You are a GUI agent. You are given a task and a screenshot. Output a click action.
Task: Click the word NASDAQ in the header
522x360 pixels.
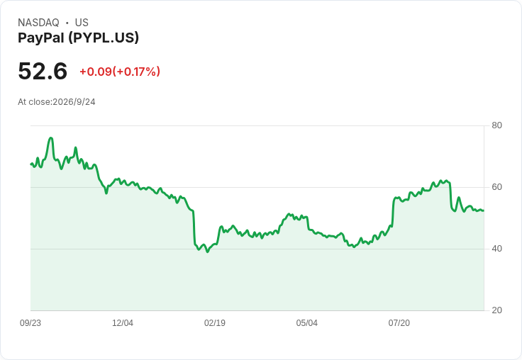38,23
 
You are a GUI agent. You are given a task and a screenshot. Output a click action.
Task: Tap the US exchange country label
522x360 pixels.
82,23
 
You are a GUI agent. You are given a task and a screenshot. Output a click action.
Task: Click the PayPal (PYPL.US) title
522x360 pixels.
78,38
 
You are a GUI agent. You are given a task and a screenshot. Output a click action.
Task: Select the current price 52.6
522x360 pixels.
43,71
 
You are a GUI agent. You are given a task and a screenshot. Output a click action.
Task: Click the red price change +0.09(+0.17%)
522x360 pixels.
120,72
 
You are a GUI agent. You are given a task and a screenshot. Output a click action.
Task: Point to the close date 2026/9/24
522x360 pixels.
74,102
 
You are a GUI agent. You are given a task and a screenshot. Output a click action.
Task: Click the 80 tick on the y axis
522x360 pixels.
496,125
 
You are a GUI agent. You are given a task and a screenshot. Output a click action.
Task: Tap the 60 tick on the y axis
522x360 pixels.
496,187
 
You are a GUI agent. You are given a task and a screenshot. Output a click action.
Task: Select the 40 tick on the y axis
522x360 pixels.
496,249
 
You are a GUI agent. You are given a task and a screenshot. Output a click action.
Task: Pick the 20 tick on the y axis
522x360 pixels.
496,310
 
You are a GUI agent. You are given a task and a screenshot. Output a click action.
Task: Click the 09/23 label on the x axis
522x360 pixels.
30,323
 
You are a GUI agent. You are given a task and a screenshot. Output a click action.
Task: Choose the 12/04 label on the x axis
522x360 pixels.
123,323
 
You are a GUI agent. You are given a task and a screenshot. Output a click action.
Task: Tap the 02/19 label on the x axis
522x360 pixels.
215,323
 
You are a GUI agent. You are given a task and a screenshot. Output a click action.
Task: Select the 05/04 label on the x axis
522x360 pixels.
307,323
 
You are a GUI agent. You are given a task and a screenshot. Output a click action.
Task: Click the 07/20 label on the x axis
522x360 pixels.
399,323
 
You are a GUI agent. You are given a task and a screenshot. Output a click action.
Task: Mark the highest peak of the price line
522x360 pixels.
50,137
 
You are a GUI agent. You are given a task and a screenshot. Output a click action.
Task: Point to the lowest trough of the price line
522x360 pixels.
208,252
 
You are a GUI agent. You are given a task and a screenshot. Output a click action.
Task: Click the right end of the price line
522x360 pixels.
484,210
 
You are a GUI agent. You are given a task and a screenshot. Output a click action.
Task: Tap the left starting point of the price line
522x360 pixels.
31,164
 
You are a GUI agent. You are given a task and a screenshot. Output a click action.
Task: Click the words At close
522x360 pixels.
34,102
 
